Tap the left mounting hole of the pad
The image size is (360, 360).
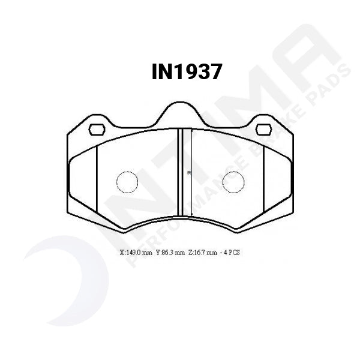coord(96,129)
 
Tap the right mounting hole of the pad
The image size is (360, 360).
coord(263,129)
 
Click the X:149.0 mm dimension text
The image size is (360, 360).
coord(137,253)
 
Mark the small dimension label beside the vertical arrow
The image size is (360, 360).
coord(188,173)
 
